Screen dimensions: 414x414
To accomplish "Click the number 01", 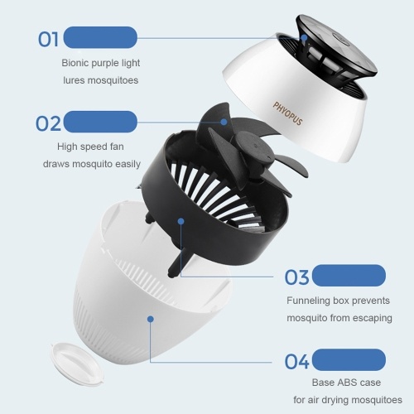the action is point(48,39).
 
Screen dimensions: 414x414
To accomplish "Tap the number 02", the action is point(48,123).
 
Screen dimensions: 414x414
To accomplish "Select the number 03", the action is point(296,277).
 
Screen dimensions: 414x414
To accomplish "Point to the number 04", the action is point(296,362).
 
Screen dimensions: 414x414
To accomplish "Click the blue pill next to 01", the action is point(100,37).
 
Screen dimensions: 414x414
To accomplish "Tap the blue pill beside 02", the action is point(100,122).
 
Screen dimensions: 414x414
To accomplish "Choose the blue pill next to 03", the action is point(349,276).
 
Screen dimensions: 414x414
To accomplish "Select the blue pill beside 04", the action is point(349,359).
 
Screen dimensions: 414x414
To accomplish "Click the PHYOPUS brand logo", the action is point(287,113).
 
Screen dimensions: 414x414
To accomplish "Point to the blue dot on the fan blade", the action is point(224,122).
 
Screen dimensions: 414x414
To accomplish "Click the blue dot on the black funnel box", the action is point(181,221).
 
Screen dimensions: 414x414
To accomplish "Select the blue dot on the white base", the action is point(151,319).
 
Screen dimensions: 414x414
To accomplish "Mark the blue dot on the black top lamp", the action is point(304,37).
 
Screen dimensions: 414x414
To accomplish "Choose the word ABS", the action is point(346,383).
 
